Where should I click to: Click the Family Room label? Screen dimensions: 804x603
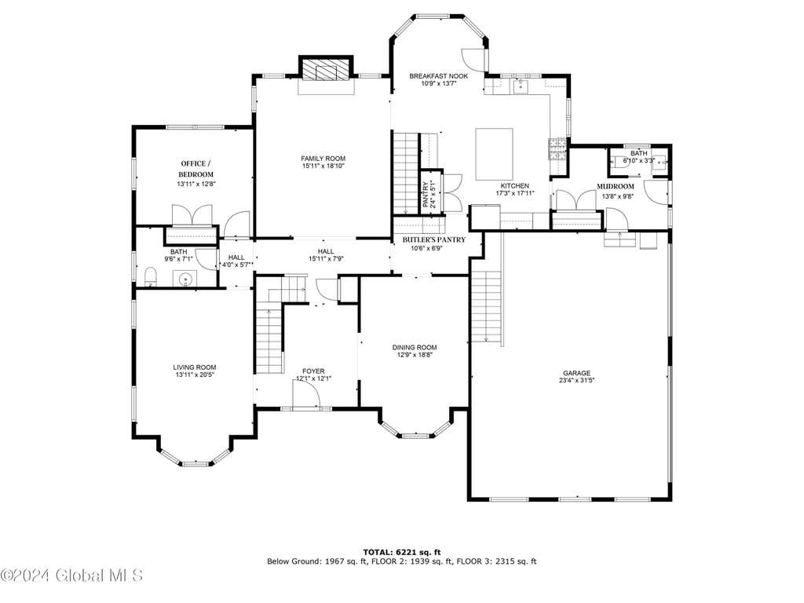[323, 159]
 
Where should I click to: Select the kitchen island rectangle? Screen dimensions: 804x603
[495, 154]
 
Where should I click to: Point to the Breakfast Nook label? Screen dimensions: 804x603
[438, 76]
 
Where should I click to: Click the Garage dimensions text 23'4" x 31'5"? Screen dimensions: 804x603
[577, 381]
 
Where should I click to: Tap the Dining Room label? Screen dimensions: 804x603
[415, 347]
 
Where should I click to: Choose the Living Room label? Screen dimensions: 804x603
[195, 367]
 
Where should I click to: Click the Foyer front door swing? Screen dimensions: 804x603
[306, 395]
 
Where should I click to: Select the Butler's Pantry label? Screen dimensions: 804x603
[433, 239]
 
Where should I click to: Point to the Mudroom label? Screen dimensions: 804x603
[616, 186]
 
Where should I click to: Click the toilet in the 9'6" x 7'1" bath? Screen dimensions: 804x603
[151, 277]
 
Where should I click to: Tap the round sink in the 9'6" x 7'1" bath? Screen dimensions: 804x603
[185, 280]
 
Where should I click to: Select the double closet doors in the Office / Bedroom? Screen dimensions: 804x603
[192, 215]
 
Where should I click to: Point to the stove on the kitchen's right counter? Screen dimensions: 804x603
[557, 149]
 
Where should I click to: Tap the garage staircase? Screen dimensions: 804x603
[486, 307]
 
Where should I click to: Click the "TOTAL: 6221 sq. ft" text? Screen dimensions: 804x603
[401, 552]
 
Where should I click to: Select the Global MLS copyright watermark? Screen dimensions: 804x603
[71, 576]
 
